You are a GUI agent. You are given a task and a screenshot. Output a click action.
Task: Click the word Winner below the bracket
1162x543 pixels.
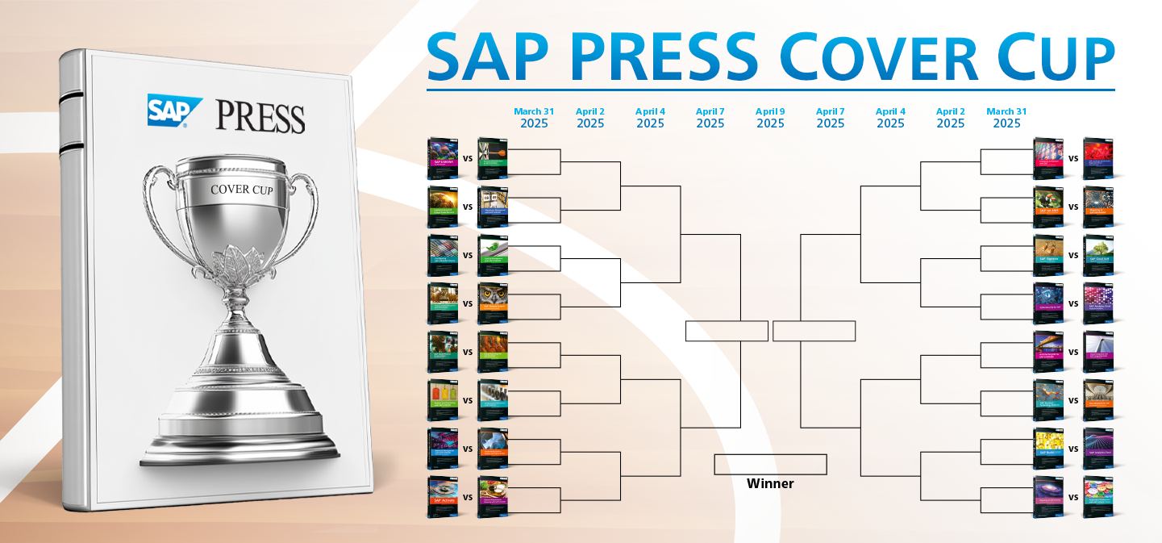click(x=770, y=484)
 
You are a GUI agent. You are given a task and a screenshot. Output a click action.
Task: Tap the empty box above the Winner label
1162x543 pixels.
click(x=770, y=465)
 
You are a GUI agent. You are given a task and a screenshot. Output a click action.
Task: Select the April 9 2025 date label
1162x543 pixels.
click(x=770, y=118)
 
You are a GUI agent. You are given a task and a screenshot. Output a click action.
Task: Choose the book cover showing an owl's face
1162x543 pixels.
click(x=493, y=303)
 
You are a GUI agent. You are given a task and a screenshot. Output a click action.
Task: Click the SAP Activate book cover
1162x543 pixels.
click(x=442, y=496)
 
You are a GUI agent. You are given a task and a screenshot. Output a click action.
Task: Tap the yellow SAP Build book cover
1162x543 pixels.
click(x=1048, y=448)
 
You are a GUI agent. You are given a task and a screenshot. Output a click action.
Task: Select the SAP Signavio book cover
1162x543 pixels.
click(x=1048, y=254)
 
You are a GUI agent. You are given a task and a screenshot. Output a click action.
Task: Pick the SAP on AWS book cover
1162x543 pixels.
click(x=1048, y=206)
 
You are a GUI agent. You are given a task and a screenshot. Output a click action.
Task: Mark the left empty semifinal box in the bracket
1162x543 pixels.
click(x=727, y=331)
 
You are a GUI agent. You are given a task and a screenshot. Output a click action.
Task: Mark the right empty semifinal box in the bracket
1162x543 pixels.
click(x=814, y=331)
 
